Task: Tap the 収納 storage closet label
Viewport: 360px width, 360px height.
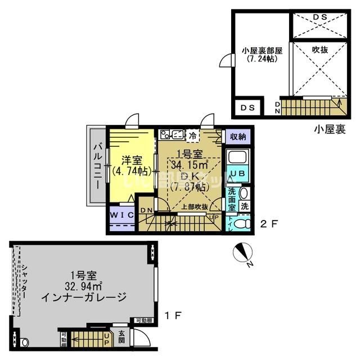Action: pos(237,137)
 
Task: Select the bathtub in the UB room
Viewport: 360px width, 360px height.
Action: pos(236,158)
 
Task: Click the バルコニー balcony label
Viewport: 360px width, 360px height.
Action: pos(97,166)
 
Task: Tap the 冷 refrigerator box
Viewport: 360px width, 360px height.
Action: pos(193,135)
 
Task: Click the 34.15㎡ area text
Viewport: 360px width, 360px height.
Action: pos(190,164)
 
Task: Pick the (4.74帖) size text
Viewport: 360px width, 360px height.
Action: pos(131,170)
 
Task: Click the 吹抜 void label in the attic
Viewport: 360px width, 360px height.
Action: pos(319,49)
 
